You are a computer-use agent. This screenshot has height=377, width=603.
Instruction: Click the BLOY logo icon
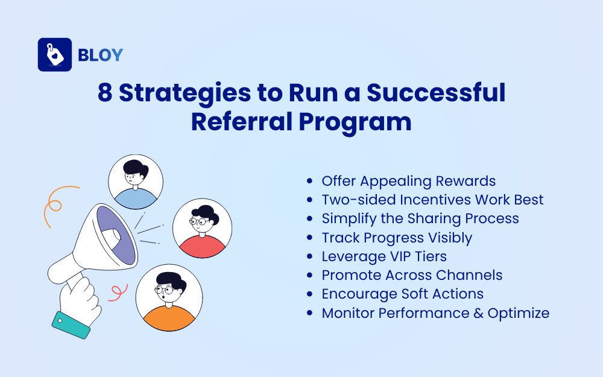[x=55, y=55]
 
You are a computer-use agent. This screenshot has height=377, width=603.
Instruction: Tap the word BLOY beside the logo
[x=100, y=55]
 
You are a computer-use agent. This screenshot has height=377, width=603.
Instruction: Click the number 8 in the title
[x=105, y=94]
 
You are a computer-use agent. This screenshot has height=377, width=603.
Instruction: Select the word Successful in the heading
[x=436, y=94]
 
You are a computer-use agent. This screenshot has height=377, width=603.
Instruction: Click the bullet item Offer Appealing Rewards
[x=408, y=181]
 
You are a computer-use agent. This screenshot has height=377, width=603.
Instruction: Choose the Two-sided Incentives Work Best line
[x=432, y=200]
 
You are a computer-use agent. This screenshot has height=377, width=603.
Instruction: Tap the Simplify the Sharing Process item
[x=420, y=218]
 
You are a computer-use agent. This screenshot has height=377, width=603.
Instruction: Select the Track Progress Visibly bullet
[x=397, y=238]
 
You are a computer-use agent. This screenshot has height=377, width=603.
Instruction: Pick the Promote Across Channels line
[x=412, y=275]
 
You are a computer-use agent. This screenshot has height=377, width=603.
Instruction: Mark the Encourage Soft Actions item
[x=402, y=294]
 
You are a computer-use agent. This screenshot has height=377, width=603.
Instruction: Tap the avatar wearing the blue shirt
[x=135, y=182]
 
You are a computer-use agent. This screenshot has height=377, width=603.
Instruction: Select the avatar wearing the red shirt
[x=202, y=228]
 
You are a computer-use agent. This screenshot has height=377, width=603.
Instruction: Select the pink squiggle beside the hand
[x=115, y=293]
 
